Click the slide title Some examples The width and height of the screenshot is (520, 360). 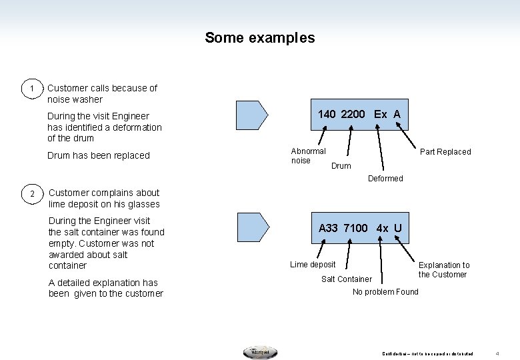pos(259,38)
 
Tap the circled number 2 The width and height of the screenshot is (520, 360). pos(31,194)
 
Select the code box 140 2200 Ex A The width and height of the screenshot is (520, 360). pos(359,114)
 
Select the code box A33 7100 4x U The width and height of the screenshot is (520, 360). pos(359,228)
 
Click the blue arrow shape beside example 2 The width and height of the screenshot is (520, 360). pos(253,227)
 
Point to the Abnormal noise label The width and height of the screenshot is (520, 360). pos(308,156)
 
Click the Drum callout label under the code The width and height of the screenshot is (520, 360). pos(341,166)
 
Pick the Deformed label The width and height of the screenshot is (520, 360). pos(385,179)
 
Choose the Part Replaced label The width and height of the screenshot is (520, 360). pos(445,152)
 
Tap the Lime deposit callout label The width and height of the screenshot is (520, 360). pos(313,265)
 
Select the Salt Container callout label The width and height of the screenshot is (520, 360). pos(347,279)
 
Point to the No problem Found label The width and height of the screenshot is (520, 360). pos(385,292)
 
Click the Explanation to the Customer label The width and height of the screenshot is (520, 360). pos(443,270)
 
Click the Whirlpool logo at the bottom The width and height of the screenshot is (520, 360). pos(260,352)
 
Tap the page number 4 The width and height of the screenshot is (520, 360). pos(498,353)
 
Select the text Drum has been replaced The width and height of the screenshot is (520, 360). pos(99,155)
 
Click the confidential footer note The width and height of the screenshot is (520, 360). pos(427,353)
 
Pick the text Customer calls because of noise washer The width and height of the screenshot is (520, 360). pos(102,93)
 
